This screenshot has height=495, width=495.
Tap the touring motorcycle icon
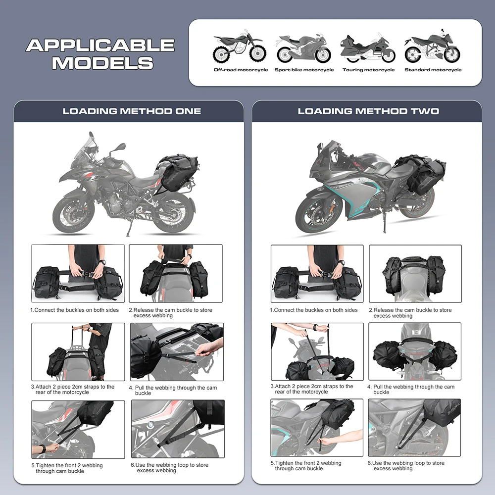(x=368, y=49)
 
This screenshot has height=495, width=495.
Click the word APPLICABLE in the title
(x=100, y=46)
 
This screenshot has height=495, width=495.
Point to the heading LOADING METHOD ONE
(x=132, y=111)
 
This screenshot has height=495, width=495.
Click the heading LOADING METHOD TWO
(x=368, y=111)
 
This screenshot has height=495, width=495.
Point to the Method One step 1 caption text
(x=76, y=310)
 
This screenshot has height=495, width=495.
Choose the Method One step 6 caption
(x=170, y=468)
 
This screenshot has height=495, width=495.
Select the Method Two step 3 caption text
(x=312, y=389)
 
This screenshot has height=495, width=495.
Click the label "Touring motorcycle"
(x=368, y=70)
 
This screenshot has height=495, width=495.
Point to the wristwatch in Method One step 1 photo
(x=101, y=262)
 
